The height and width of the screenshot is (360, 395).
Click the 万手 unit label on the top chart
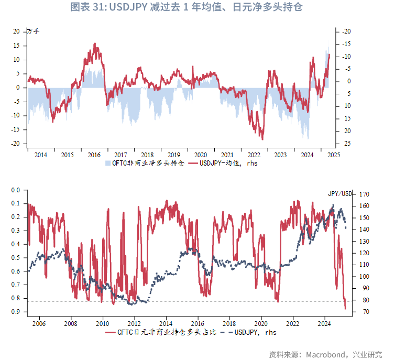point(33,31)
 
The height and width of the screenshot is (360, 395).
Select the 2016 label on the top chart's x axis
point(94,155)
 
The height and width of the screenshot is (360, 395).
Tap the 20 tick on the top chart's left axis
point(17,31)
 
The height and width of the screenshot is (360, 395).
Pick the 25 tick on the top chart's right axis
point(347,144)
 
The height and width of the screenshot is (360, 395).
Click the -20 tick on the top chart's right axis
point(346,31)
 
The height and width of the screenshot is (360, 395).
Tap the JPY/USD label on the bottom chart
point(341,193)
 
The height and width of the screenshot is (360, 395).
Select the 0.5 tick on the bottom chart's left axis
point(15,257)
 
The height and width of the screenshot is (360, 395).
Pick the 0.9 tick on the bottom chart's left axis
point(15,312)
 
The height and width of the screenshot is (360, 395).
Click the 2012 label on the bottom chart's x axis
point(135,324)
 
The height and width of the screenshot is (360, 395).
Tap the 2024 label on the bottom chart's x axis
point(325,324)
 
